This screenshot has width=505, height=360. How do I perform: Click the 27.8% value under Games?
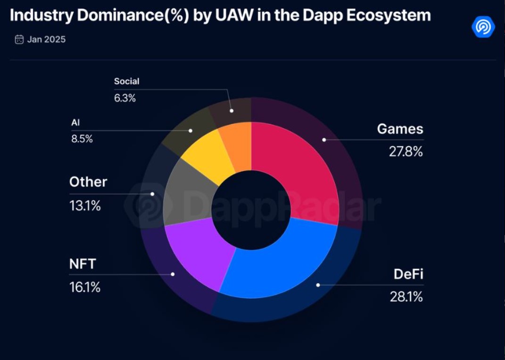405,152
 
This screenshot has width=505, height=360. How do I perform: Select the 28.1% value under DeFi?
406,297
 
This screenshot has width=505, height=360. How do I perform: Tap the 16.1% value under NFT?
85,287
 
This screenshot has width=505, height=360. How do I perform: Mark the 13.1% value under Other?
85,206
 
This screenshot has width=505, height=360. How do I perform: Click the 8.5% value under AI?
82,139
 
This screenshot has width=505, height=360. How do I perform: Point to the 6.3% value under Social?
125,98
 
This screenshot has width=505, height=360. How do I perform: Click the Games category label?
400,129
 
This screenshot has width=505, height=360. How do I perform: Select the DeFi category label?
408,274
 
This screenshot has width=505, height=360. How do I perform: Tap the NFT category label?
83,264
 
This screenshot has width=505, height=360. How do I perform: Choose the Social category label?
127,81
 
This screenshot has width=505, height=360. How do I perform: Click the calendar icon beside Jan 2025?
19,39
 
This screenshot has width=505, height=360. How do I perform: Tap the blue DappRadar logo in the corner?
483,26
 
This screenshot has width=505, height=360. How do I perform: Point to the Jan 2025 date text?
46,39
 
